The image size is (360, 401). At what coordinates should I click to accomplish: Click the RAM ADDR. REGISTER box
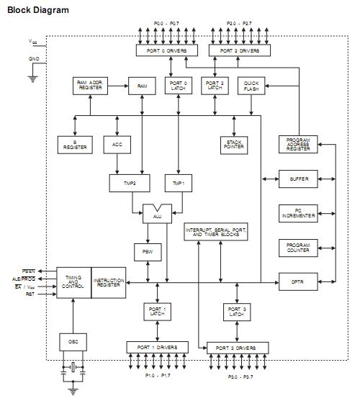point(91,86)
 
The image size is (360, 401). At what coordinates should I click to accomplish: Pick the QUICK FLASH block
point(251,86)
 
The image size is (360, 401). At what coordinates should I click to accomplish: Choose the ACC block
point(117,144)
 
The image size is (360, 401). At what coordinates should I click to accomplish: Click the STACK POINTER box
point(234,144)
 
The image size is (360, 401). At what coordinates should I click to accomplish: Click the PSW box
point(143,252)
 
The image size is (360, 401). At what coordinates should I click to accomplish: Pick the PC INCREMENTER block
point(297,213)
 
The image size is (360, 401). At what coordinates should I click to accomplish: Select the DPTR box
point(297,281)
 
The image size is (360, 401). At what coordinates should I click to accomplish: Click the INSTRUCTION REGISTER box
point(109,281)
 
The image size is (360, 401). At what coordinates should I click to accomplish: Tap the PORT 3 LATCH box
point(237,312)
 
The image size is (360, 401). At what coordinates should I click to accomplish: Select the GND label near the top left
point(34,59)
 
